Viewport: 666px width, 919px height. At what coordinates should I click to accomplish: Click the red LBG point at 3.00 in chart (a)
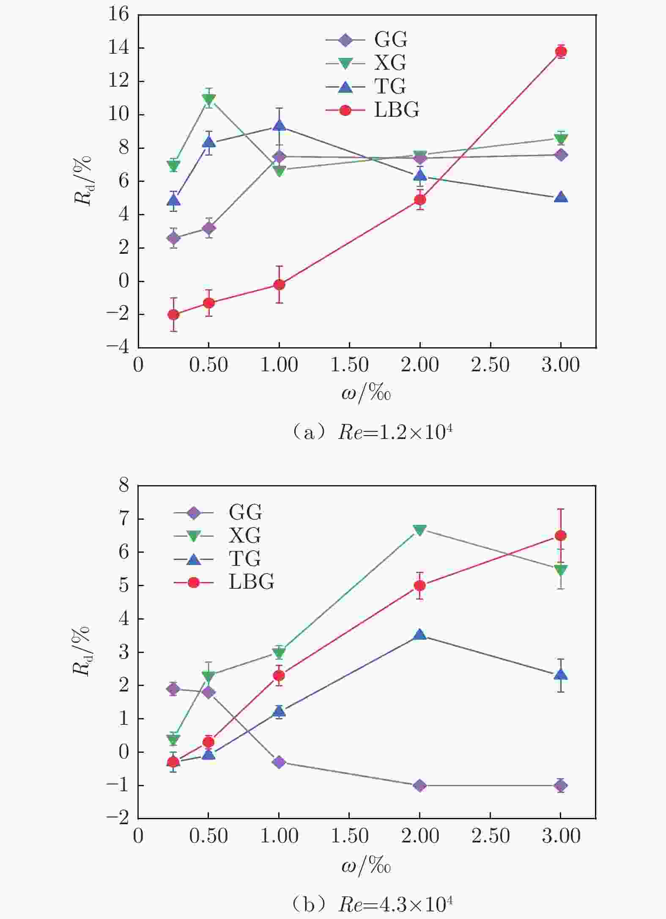561,52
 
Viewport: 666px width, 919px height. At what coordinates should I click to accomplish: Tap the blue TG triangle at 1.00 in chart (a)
279,126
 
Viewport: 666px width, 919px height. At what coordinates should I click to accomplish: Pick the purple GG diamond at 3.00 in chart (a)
561,155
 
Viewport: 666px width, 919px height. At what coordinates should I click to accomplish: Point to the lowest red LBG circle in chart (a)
173,315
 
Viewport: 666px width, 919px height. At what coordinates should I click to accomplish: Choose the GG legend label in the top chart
390,40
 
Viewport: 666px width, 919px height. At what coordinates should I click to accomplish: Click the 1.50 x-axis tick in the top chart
349,365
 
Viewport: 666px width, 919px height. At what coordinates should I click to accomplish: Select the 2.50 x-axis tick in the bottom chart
490,836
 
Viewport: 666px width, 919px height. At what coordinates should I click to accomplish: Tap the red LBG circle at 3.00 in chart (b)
561,536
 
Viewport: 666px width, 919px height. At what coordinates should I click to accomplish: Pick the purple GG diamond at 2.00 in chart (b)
420,785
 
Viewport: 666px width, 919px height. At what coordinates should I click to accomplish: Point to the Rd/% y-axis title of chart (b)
82,651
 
